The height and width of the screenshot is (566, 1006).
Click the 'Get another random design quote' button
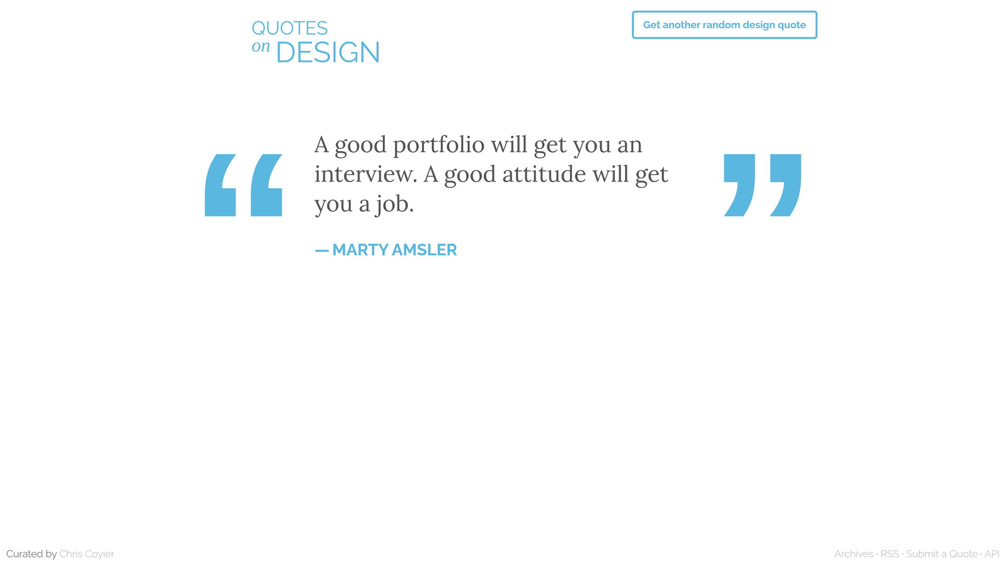pyautogui.click(x=724, y=25)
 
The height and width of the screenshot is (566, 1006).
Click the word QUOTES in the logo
pyautogui.click(x=290, y=28)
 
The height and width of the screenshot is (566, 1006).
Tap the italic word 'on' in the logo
pyautogui.click(x=261, y=46)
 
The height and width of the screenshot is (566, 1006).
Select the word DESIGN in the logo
pyautogui.click(x=328, y=52)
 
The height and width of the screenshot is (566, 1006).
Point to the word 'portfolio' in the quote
pyautogui.click(x=439, y=145)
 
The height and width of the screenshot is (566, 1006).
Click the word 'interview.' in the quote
pyautogui.click(x=366, y=174)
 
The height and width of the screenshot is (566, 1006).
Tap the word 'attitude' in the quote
pyautogui.click(x=544, y=174)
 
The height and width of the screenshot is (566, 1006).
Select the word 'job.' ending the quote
pyautogui.click(x=394, y=204)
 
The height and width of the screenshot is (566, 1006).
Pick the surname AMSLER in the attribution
pyautogui.click(x=425, y=250)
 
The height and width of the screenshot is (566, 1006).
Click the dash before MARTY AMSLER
pyautogui.click(x=321, y=250)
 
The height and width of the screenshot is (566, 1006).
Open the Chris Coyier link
pyautogui.click(x=87, y=554)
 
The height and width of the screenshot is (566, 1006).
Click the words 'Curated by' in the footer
pyautogui.click(x=31, y=554)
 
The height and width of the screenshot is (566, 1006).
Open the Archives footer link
pyautogui.click(x=854, y=554)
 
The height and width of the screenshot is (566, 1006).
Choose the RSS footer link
pyautogui.click(x=890, y=554)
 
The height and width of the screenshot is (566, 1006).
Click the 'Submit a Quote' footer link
pyautogui.click(x=942, y=554)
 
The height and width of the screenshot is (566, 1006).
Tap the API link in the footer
pyautogui.click(x=992, y=554)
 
